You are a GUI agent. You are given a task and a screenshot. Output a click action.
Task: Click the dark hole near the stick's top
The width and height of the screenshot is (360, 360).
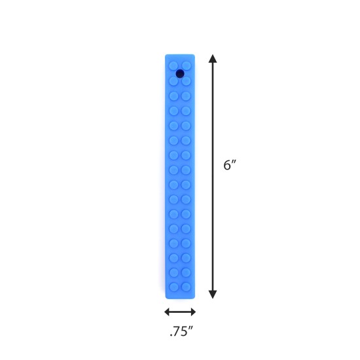click(x=180, y=73)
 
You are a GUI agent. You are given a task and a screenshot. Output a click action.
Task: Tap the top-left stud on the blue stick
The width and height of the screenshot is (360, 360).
click(x=173, y=66)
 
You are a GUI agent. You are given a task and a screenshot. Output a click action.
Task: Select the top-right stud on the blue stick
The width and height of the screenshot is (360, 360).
click(x=187, y=66)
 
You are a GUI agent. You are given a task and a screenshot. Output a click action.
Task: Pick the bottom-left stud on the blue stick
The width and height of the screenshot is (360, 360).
click(x=173, y=287)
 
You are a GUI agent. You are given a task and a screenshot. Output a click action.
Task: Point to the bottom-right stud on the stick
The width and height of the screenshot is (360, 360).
click(x=186, y=287)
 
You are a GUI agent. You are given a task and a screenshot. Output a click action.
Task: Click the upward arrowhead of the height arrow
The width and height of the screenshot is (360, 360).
click(x=213, y=59)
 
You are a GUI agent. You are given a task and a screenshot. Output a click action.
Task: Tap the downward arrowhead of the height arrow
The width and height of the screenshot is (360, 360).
click(x=213, y=294)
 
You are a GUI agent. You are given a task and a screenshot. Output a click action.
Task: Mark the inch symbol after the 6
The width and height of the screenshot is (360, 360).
click(x=234, y=162)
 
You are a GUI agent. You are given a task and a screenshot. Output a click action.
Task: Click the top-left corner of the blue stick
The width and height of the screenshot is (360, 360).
click(x=166, y=55)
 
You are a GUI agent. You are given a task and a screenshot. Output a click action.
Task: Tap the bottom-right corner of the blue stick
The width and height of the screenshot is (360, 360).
click(x=194, y=298)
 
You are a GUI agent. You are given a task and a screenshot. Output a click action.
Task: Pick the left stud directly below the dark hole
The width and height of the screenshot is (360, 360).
click(x=173, y=81)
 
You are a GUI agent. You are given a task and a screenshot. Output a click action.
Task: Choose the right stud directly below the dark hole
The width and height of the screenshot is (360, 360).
click(x=187, y=81)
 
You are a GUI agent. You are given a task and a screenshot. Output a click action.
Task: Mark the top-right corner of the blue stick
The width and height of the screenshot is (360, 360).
click(x=194, y=55)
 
